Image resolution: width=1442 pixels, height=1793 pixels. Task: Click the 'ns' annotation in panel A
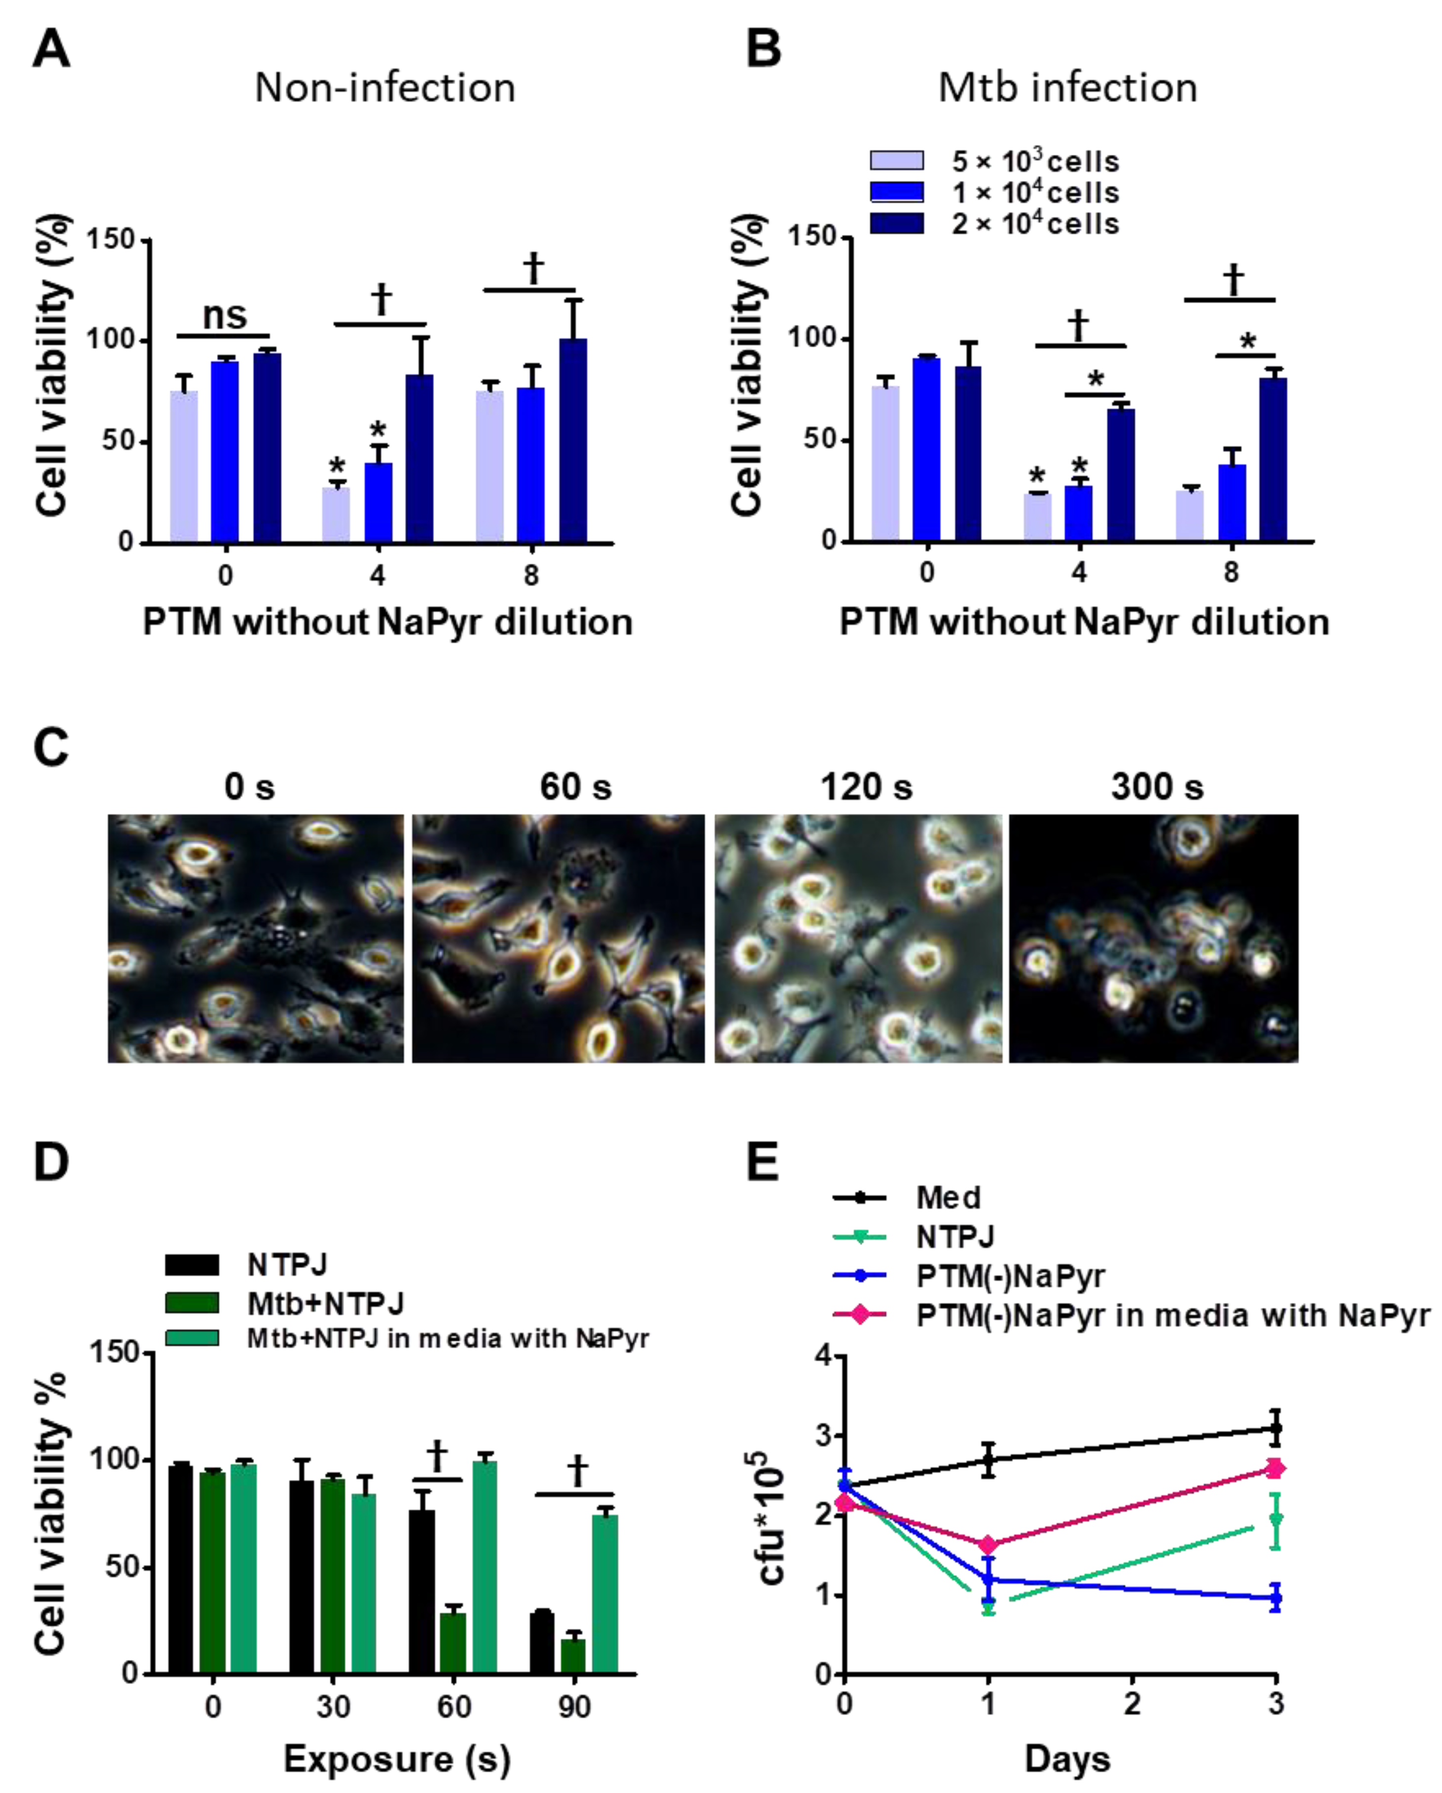point(224,314)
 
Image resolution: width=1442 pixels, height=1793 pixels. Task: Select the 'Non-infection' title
point(385,88)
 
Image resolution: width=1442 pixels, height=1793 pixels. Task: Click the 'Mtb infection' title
point(1068,88)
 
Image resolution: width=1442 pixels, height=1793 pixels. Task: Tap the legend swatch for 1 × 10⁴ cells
point(896,192)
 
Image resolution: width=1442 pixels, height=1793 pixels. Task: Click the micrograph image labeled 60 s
point(558,938)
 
